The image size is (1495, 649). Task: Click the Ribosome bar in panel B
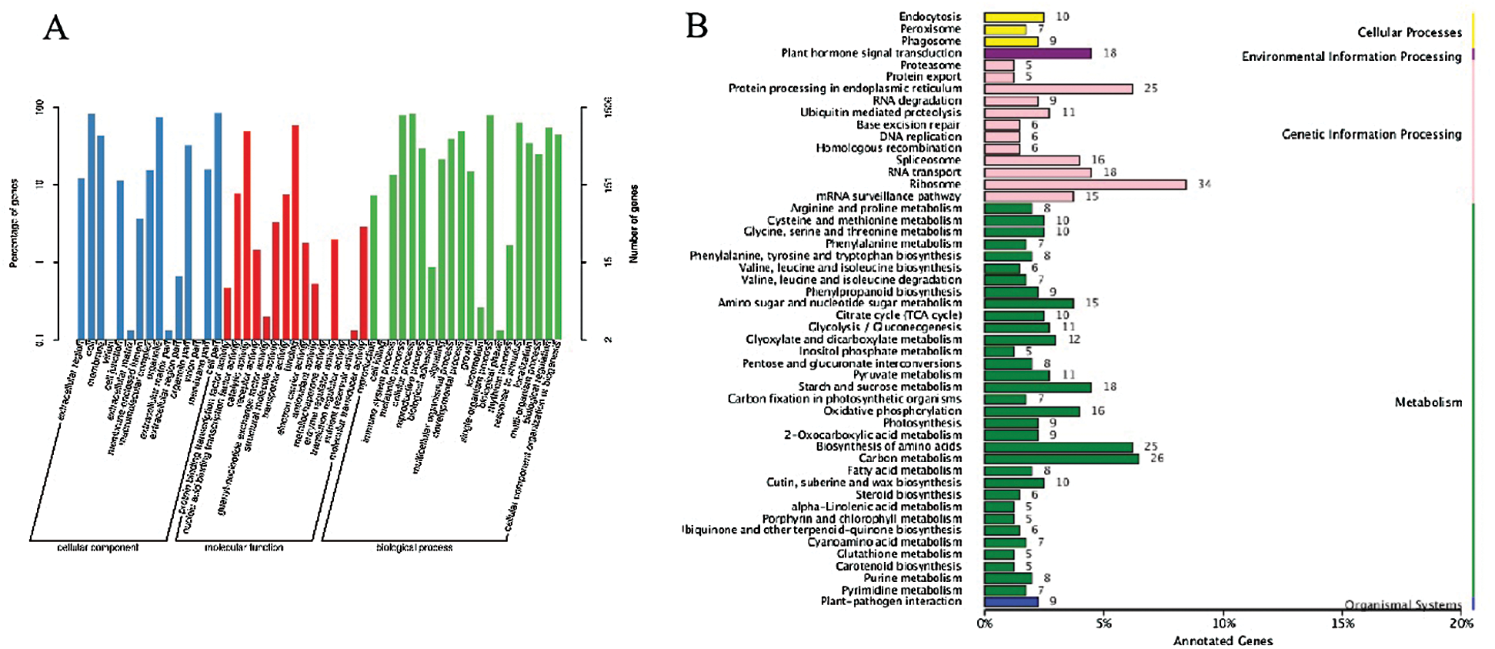(x=1085, y=185)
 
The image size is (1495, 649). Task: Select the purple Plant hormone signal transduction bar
(x=1037, y=53)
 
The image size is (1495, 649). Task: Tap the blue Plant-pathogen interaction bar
(x=1011, y=601)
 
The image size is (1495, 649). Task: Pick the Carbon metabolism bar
(x=1061, y=459)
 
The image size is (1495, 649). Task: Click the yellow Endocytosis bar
(x=1014, y=17)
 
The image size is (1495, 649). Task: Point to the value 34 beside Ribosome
(x=1204, y=185)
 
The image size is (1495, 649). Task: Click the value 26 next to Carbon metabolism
(x=1156, y=459)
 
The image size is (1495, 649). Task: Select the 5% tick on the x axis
(x=1104, y=624)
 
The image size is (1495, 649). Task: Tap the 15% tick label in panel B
(x=1343, y=624)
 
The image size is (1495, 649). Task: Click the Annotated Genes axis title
(x=1223, y=641)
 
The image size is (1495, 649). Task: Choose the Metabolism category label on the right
(x=1428, y=402)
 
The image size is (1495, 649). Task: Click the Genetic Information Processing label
(x=1371, y=135)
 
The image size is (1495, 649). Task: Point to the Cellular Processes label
(x=1409, y=32)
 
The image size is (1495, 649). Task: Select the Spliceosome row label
(x=928, y=160)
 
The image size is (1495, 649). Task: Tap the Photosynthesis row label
(x=922, y=423)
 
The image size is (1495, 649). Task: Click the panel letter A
(x=55, y=28)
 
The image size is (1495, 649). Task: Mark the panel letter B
(x=696, y=26)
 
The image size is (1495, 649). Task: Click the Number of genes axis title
(x=634, y=224)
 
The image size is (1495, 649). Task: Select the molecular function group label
(x=244, y=547)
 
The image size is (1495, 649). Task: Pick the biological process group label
(x=414, y=547)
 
